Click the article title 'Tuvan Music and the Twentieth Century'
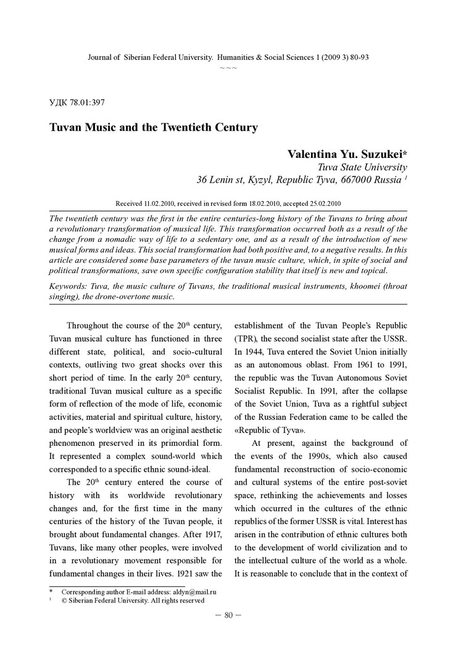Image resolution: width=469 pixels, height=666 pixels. (153, 128)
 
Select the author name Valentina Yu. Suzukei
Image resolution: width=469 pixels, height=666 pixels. (347, 154)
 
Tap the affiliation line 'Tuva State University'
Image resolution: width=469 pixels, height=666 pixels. (362, 167)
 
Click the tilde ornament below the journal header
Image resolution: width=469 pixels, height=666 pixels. (228, 67)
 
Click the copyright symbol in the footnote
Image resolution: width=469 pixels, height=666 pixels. (64, 600)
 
